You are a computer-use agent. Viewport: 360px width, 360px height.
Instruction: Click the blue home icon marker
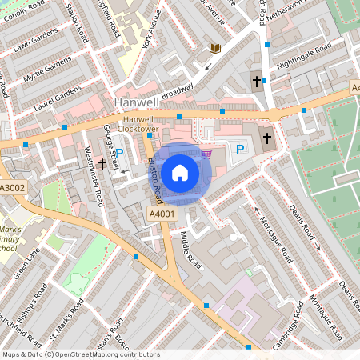click(180, 171)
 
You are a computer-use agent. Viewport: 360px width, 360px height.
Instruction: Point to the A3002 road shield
click(13, 188)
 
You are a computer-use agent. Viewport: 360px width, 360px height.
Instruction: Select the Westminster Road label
click(94, 175)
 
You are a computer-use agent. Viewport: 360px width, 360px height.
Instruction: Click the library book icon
click(214, 49)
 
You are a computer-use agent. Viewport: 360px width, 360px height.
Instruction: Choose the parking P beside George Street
click(119, 152)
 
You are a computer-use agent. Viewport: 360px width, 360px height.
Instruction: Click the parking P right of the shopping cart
click(238, 149)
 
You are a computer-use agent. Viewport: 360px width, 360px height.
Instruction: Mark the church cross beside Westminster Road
click(102, 163)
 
